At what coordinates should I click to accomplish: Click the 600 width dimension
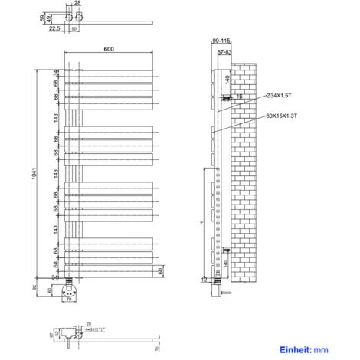coord(109,50)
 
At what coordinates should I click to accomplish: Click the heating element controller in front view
coord(71,293)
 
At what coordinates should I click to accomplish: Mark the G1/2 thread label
coord(95,330)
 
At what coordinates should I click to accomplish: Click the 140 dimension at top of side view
coord(227,78)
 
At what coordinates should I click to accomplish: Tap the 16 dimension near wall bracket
coord(240,97)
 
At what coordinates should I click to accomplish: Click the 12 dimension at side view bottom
coord(204,279)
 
